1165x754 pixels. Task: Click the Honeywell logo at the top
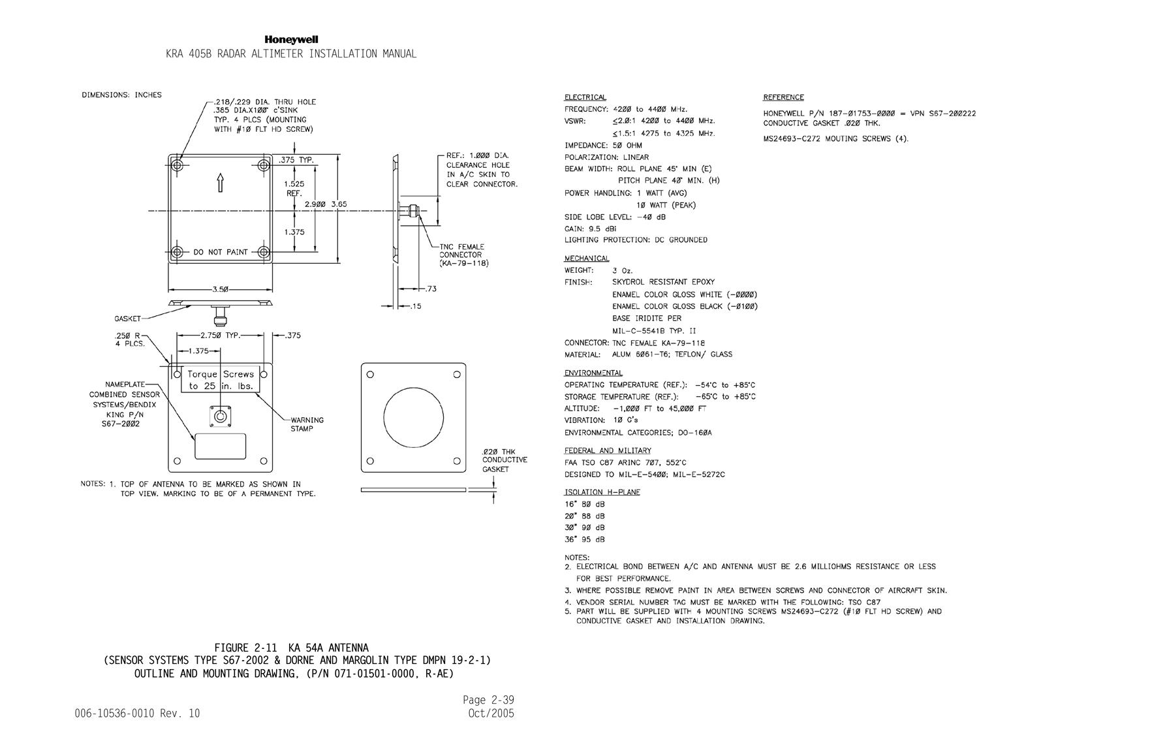click(291, 40)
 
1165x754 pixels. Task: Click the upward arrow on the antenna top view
click(221, 182)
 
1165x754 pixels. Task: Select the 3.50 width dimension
click(221, 289)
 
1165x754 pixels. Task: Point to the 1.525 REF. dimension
click(294, 189)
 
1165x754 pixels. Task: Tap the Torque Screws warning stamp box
click(221, 380)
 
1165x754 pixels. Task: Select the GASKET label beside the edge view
click(128, 319)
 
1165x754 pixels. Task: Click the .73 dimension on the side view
click(431, 289)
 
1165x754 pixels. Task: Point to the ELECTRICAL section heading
click(585, 97)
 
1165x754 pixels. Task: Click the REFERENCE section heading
click(784, 97)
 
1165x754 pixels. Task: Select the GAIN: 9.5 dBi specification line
click(591, 228)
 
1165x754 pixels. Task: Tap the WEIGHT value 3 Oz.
click(623, 270)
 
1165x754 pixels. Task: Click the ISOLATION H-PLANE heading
click(602, 492)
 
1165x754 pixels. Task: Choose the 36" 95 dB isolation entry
click(585, 539)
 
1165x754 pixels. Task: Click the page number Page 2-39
click(488, 700)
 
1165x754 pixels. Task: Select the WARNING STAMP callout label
click(307, 424)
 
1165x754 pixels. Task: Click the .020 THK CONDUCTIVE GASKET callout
click(505, 460)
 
